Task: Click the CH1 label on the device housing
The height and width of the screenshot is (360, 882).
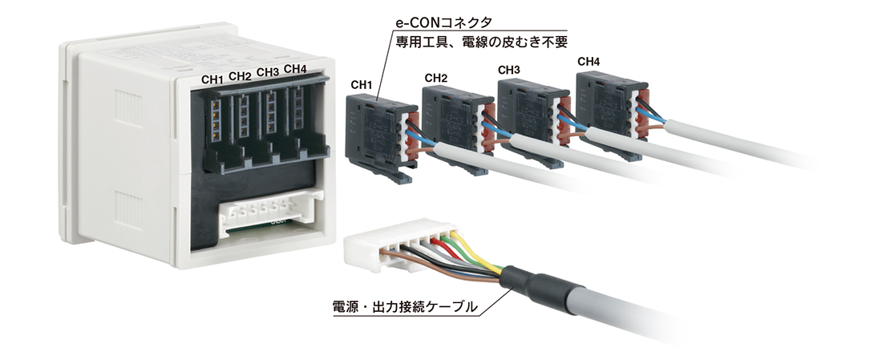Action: (212, 79)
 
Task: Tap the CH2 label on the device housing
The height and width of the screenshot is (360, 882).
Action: (241, 76)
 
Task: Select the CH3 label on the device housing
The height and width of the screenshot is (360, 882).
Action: (268, 73)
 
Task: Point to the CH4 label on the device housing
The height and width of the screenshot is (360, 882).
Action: (295, 69)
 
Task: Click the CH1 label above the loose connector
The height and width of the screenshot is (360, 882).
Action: (362, 85)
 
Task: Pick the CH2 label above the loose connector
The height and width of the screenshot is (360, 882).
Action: (436, 78)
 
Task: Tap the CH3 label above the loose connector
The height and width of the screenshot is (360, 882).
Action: (509, 71)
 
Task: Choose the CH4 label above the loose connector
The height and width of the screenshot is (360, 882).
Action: (589, 61)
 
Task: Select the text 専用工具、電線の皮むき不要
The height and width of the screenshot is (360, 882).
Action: (481, 42)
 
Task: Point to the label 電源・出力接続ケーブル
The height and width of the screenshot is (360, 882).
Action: (406, 307)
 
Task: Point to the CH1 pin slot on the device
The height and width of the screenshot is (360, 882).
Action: (214, 119)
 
